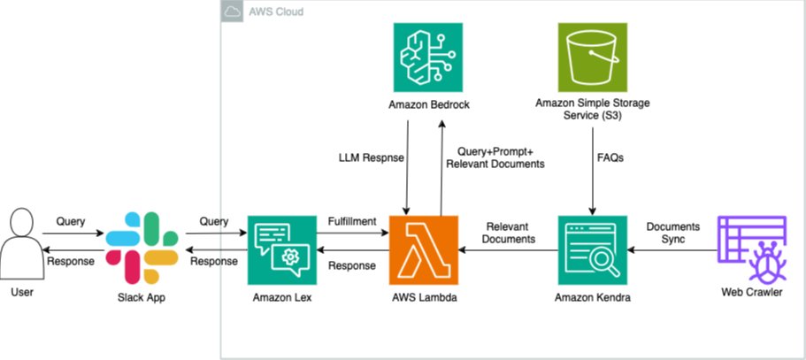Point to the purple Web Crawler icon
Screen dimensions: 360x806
pyautogui.click(x=751, y=249)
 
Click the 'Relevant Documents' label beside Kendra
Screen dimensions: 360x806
pyautogui.click(x=509, y=232)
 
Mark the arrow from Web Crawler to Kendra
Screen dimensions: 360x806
pyautogui.click(x=672, y=249)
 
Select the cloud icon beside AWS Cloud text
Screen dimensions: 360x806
pyautogui.click(x=234, y=12)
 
